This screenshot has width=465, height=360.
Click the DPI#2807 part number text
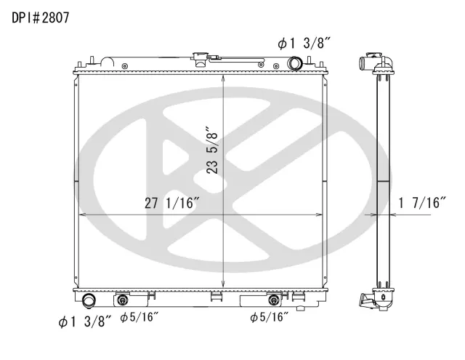pos(41,17)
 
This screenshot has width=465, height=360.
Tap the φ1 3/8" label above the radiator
pos(304,44)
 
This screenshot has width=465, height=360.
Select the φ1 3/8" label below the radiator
pos(85,321)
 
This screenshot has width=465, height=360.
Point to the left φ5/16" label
pos(139,317)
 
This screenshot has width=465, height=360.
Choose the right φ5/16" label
pos(269,317)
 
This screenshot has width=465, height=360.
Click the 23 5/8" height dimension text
pos(212,151)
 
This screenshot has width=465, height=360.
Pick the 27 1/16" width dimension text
pos(171,203)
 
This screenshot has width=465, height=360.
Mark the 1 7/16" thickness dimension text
pos(422,203)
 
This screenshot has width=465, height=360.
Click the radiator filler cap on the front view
pos(201,60)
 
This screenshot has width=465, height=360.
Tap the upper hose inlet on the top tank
pos(295,63)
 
